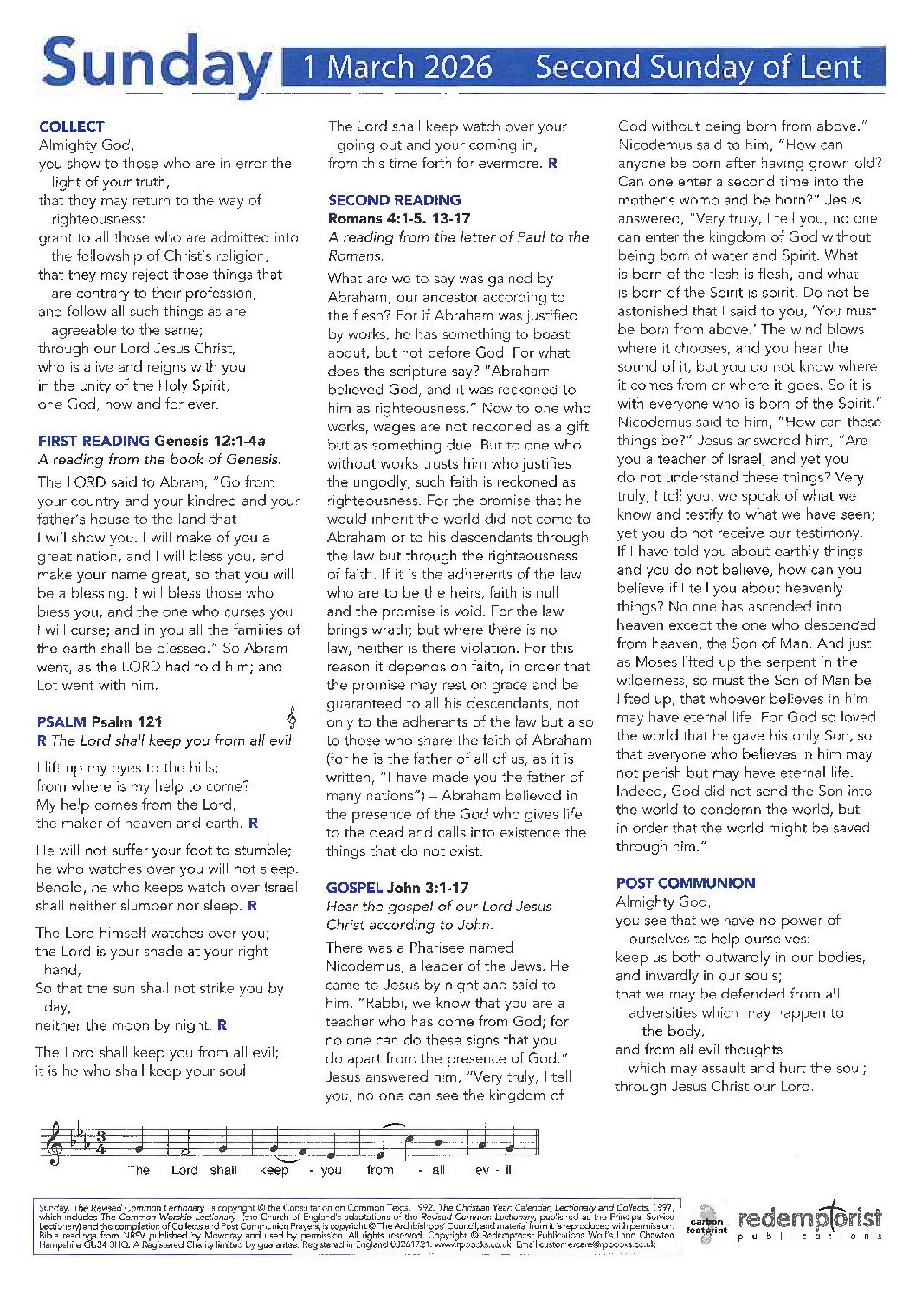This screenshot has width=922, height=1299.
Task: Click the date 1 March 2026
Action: pos(397,67)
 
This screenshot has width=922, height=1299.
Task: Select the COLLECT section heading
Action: pos(71,126)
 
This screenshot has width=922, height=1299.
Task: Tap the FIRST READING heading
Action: pos(93,441)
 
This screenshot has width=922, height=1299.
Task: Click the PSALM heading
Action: pos(61,721)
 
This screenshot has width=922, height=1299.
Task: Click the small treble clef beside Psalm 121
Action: pos(292,717)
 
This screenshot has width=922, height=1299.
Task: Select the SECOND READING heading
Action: pos(394,200)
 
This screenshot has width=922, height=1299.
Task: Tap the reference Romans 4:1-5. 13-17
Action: pos(399,218)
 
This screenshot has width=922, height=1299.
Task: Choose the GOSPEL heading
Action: pos(354,888)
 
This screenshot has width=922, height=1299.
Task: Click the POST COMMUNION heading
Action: pos(685,883)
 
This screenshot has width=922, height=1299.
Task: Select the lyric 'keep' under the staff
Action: pos(274,1170)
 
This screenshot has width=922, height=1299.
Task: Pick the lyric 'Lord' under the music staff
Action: pos(184,1170)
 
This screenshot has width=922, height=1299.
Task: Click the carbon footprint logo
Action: pos(707,1220)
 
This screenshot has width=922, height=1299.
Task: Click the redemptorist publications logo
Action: pos(809,1221)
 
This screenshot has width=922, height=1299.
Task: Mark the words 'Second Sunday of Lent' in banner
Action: pos(698,67)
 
